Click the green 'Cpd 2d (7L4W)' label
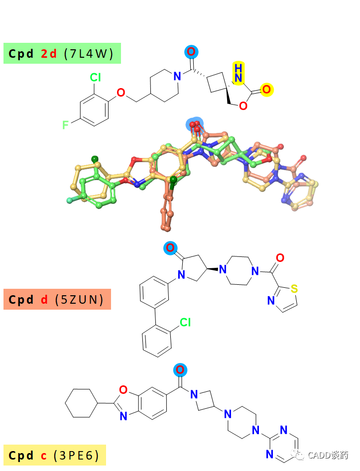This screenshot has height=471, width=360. [62, 53]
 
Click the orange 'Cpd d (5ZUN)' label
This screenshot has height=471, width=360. [57, 299]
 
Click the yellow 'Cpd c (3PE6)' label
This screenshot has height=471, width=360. [55, 455]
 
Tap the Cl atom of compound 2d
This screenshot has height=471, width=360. [95, 78]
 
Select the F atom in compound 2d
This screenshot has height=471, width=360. [65, 124]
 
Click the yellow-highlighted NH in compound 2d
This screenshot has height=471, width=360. [239, 73]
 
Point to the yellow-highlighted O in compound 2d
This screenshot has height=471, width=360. [266, 90]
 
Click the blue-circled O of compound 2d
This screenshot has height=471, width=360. [191, 52]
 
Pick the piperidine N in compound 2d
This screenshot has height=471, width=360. [177, 76]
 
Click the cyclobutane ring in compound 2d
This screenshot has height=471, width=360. [217, 81]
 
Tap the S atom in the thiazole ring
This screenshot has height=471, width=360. [294, 289]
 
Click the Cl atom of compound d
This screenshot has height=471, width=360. [185, 322]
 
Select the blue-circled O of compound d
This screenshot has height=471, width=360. [170, 248]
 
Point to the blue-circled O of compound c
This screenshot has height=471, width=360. [180, 369]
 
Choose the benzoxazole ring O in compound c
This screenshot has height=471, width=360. [123, 390]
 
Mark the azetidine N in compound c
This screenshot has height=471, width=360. [194, 394]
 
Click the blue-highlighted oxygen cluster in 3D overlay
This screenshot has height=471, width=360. [195, 124]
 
